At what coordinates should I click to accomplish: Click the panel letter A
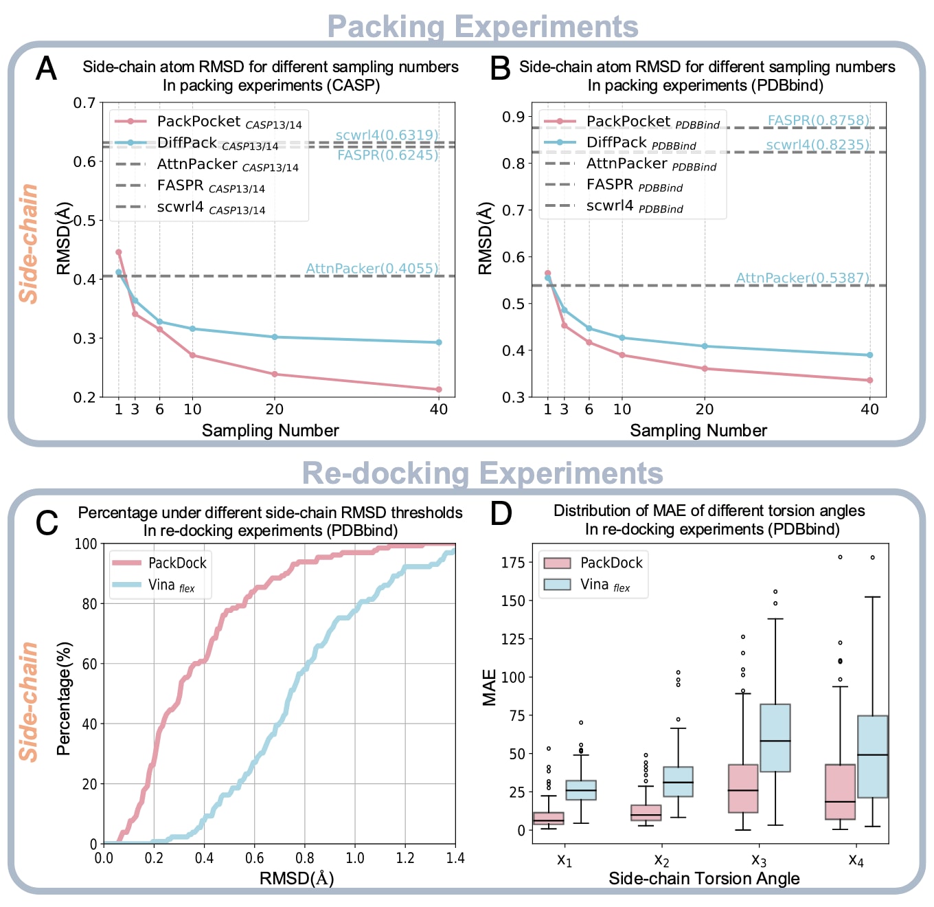click(46, 68)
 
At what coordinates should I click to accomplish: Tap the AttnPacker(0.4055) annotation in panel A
click(372, 268)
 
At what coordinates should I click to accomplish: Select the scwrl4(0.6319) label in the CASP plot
click(387, 135)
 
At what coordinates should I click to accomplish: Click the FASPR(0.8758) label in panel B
click(818, 120)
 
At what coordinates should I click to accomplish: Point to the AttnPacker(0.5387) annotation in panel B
click(802, 278)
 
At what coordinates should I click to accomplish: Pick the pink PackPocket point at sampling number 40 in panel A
click(439, 390)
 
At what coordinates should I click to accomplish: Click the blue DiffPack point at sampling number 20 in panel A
click(275, 337)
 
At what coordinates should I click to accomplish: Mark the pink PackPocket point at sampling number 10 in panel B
click(622, 355)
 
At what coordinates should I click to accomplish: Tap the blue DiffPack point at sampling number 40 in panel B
click(870, 355)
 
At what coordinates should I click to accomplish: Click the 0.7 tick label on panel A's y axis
click(84, 103)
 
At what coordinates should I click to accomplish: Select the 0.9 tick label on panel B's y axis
click(513, 117)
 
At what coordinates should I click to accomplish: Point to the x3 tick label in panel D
click(759, 860)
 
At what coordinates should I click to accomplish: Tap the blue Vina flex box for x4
click(872, 757)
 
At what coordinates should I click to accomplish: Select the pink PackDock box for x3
click(743, 788)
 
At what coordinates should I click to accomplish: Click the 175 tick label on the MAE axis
click(513, 563)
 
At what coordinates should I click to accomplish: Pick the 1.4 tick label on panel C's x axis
click(455, 858)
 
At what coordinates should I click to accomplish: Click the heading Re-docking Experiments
click(482, 473)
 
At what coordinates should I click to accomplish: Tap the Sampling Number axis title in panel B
click(698, 431)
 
